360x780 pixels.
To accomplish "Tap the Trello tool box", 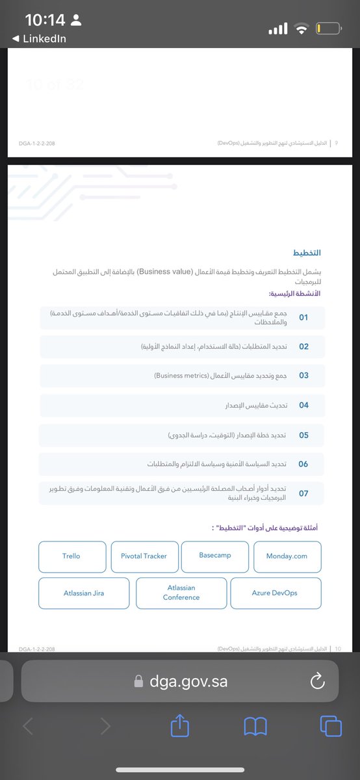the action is tap(71, 556).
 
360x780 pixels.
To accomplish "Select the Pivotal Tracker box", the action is tap(144, 556).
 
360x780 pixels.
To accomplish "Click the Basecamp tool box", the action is tap(214, 556).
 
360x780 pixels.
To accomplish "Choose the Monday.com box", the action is tap(287, 556).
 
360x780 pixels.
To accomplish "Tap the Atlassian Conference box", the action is tap(181, 593).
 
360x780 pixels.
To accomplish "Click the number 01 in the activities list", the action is tap(303, 318).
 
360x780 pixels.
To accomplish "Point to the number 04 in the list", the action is tap(303, 406).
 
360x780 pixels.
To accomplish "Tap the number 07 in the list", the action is tap(303, 494).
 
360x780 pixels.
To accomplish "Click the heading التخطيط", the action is tap(307, 252).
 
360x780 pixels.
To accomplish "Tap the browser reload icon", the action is tap(318, 681).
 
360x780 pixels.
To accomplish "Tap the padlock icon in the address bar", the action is tap(138, 681).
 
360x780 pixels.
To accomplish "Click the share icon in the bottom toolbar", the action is tap(179, 726).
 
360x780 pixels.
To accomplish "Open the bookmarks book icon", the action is tap(255, 727).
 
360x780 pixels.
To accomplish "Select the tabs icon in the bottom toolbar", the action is tap(331, 726).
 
